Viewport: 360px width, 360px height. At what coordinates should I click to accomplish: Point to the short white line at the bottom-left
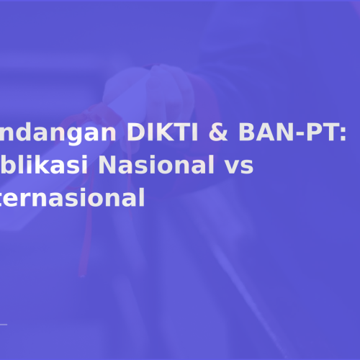[4, 326]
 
